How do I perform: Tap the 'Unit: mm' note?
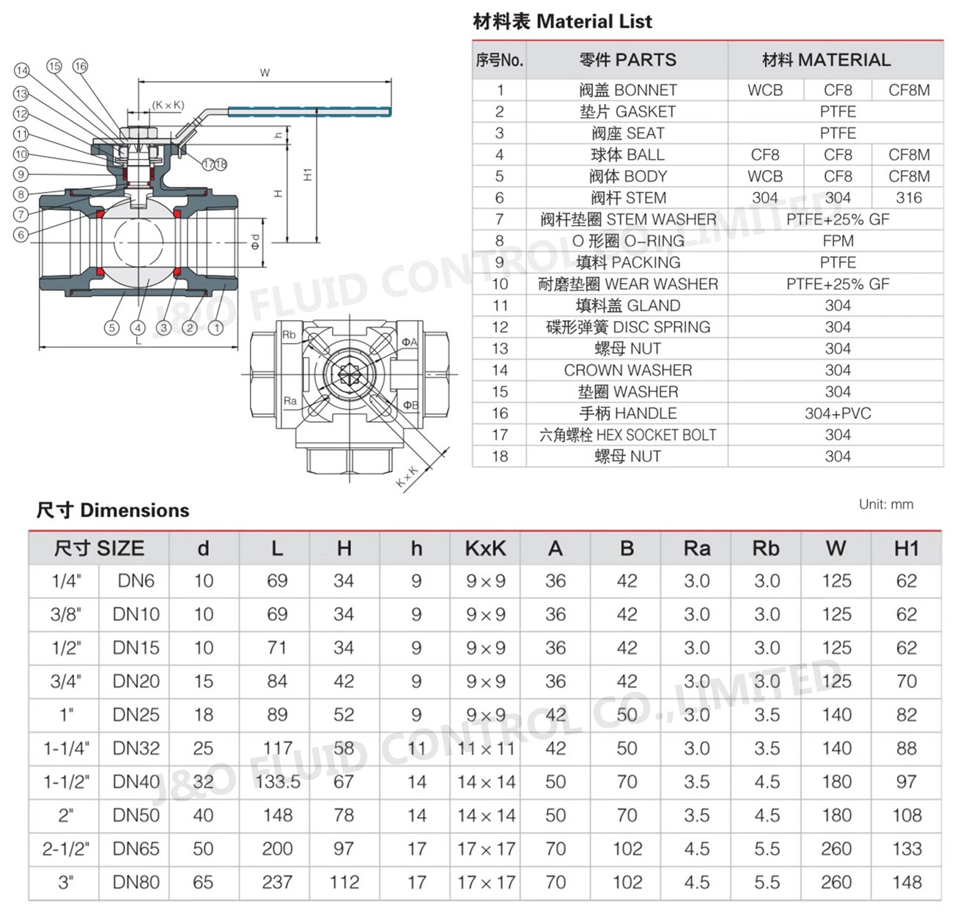pos(885,504)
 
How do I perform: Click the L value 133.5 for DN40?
pos(277,782)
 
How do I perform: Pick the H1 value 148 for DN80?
pos(906,883)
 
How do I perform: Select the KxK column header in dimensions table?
pos(485,548)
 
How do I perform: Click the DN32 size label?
pos(136,748)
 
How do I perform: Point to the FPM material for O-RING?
pos(837,241)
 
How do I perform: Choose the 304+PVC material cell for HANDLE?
pos(837,413)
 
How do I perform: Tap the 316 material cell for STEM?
pos(908,198)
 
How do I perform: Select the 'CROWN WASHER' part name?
pos(628,370)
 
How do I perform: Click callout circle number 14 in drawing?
pos(22,70)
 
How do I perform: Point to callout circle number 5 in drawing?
pos(111,328)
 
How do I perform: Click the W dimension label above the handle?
pos(265,73)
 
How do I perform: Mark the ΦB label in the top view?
pos(410,405)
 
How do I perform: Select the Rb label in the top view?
pos(290,335)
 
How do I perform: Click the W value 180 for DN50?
pos(836,815)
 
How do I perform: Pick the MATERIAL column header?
pos(826,60)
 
